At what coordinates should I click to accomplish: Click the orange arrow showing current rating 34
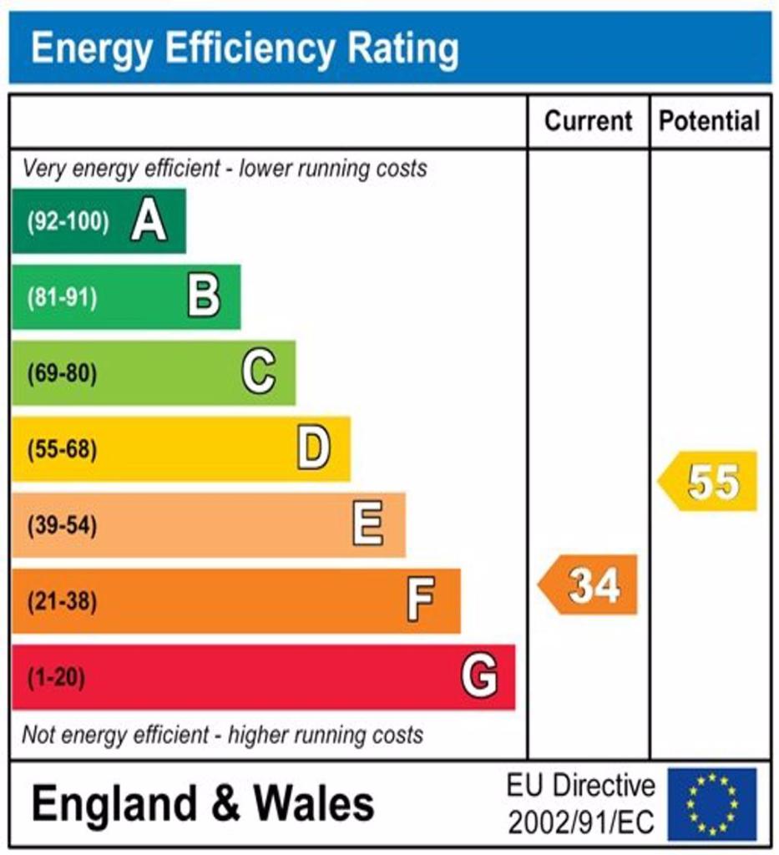pyautogui.click(x=588, y=584)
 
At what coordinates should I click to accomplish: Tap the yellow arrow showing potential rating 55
pyautogui.click(x=707, y=481)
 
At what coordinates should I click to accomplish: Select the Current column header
pyautogui.click(x=588, y=120)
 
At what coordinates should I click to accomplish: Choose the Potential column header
pyautogui.click(x=709, y=120)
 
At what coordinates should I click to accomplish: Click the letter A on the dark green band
pyautogui.click(x=149, y=220)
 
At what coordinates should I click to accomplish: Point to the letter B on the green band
pyautogui.click(x=204, y=296)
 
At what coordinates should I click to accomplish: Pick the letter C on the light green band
pyautogui.click(x=258, y=372)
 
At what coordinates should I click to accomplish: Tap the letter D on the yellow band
pyautogui.click(x=313, y=448)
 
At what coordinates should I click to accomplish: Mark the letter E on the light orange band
pyautogui.click(x=368, y=524)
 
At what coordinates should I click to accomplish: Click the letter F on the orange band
pyautogui.click(x=421, y=600)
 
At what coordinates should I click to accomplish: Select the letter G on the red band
pyautogui.click(x=479, y=676)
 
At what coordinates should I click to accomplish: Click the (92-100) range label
pyautogui.click(x=68, y=221)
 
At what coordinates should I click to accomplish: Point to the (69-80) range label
pyautogui.click(x=62, y=373)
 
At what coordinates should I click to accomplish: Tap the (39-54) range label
pyautogui.click(x=62, y=525)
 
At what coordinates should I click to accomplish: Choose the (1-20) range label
pyautogui.click(x=56, y=677)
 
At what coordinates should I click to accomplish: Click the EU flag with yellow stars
pyautogui.click(x=712, y=804)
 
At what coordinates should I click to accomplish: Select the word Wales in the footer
pyautogui.click(x=314, y=802)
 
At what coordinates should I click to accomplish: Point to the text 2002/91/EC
pyautogui.click(x=581, y=822)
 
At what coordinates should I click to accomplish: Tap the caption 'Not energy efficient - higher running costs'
pyautogui.click(x=222, y=735)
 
